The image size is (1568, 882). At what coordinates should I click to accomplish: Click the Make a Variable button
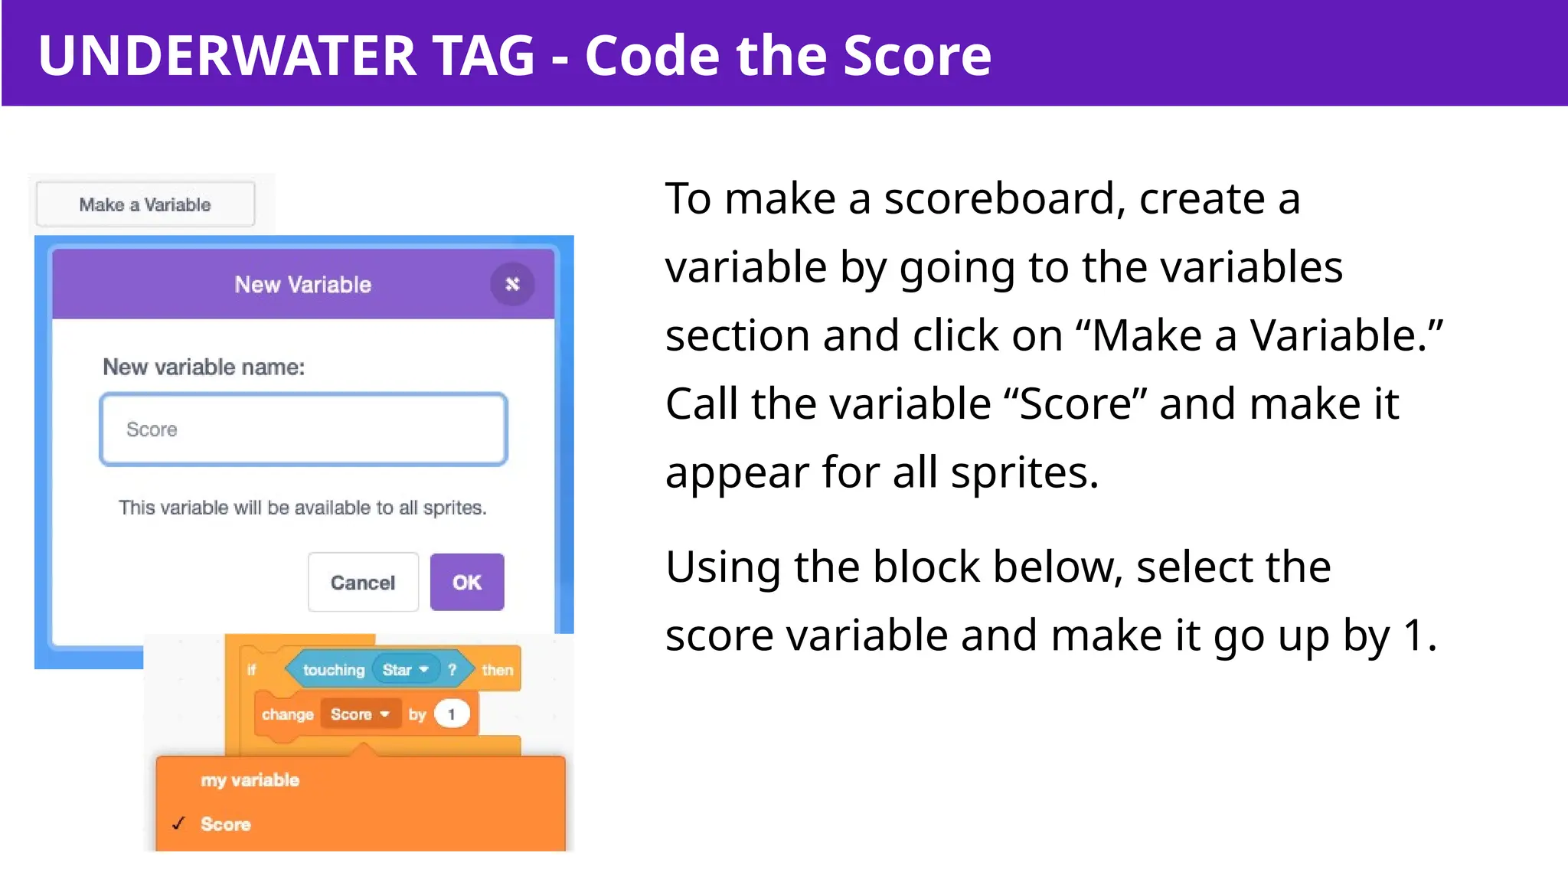pos(145,204)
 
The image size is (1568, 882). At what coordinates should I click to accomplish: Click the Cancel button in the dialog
pos(363,583)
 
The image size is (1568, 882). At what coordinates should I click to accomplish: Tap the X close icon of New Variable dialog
pos(512,284)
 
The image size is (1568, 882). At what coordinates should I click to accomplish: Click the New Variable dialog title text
pos(302,285)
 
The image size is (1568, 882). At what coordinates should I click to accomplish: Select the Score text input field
pos(303,430)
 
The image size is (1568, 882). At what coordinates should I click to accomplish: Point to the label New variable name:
pos(204,367)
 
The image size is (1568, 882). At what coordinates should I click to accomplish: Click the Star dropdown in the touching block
pos(405,670)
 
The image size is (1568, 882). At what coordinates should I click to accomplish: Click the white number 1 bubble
pos(452,714)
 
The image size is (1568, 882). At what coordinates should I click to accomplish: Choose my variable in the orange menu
pos(250,780)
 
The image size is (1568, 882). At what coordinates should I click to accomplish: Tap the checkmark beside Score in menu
pos(178,824)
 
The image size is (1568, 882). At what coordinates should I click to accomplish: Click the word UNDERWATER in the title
pos(227,55)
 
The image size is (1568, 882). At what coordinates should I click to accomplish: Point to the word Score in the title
pos(916,55)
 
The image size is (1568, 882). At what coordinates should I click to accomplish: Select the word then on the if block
pos(497,670)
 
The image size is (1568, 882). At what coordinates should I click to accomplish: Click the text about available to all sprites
pos(302,508)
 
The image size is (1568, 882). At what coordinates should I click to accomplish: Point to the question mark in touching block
pos(452,670)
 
